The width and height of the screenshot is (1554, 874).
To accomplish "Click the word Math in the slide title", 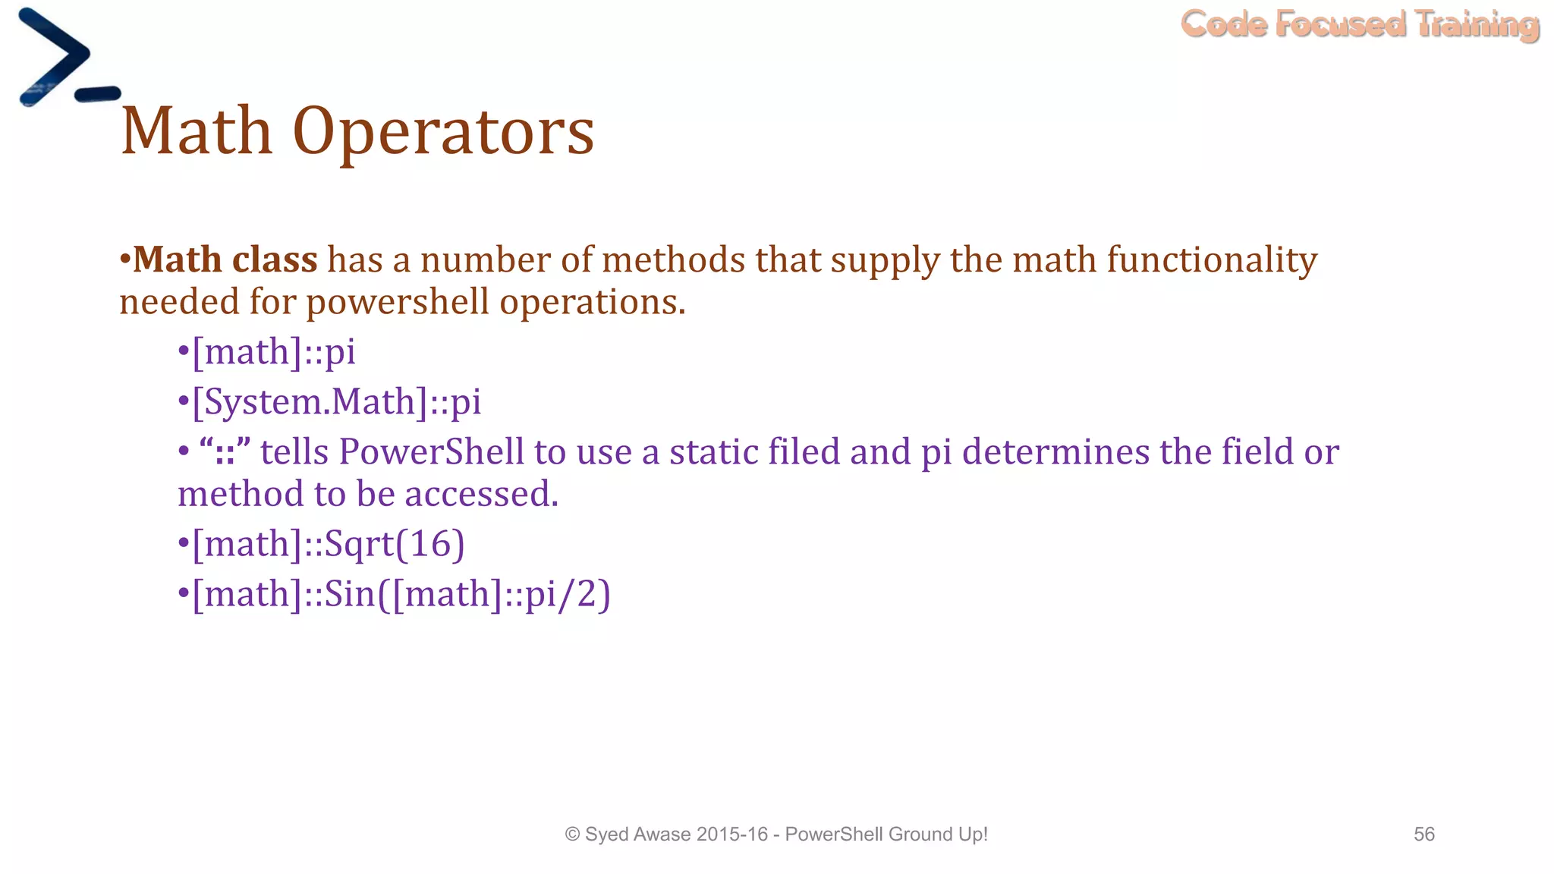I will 196,131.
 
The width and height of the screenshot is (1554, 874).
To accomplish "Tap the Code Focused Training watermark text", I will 1360,24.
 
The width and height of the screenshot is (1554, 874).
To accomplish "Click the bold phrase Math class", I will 225,259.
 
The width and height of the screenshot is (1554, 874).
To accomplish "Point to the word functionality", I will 1212,260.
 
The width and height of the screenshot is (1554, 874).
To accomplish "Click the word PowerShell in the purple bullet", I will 431,452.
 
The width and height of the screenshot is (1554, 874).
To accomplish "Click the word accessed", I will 481,495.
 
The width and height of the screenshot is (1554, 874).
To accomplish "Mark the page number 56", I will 1423,835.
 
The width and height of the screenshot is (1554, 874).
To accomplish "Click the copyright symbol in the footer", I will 572,835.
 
